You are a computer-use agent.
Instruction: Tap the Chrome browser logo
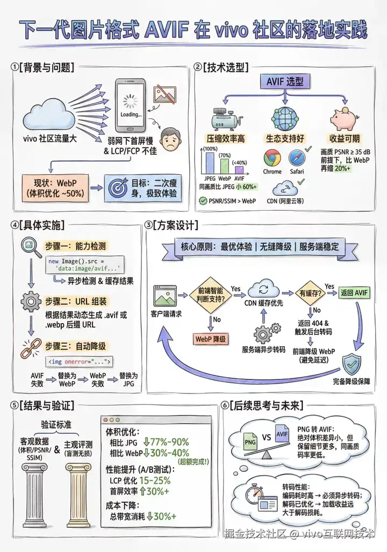coord(272,158)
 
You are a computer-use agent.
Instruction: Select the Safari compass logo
coord(297,158)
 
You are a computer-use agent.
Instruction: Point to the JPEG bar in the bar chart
coord(210,163)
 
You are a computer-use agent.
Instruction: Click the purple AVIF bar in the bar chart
coord(239,170)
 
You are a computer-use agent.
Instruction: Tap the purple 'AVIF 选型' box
coord(285,82)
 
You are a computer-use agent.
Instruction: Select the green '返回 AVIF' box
coord(354,292)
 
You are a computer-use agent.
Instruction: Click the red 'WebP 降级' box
coord(211,339)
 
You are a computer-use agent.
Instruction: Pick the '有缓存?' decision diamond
coord(310,293)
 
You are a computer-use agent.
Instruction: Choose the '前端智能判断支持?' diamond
coord(211,295)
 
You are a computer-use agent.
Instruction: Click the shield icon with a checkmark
coord(352,365)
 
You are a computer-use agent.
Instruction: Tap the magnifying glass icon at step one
coord(31,246)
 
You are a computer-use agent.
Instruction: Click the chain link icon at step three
coord(31,348)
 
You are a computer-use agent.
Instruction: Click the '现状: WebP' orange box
coord(55,188)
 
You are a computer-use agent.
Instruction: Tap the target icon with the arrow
coord(118,188)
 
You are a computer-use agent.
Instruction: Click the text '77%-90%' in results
coord(170,442)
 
